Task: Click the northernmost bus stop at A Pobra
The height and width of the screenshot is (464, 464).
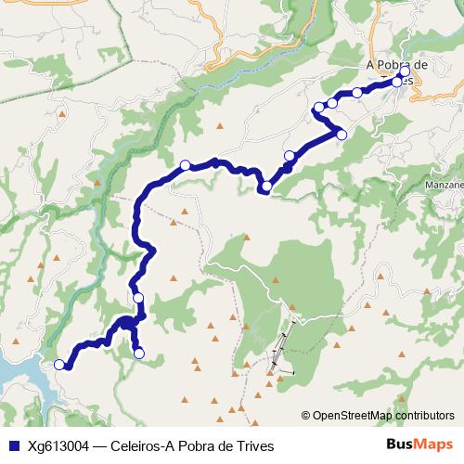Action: point(405,71)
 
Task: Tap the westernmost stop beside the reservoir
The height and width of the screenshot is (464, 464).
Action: point(60,365)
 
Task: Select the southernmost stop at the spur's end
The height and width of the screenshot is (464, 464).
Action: point(139,353)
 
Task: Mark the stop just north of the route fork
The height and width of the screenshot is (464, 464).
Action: point(138,297)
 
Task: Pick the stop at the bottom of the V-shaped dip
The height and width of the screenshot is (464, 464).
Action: point(266,187)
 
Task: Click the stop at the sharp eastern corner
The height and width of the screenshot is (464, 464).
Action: point(342,135)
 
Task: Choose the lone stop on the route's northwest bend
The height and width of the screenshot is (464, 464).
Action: point(185,165)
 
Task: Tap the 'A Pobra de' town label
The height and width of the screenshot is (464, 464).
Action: point(397,64)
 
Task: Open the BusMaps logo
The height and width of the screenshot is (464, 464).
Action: point(419,445)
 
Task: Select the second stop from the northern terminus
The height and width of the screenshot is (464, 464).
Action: point(397,82)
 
